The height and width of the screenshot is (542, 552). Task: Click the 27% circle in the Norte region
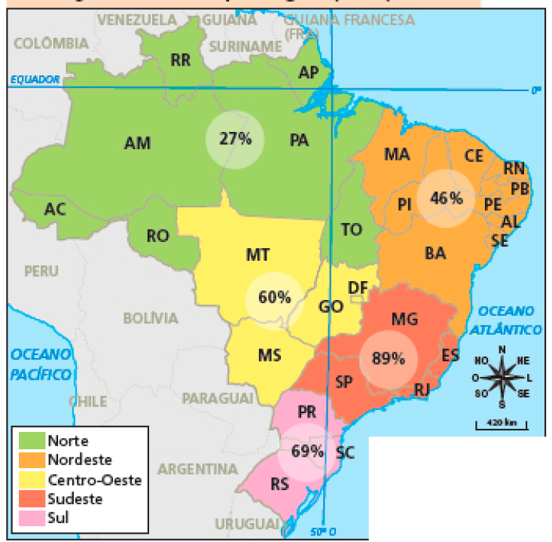[235, 139]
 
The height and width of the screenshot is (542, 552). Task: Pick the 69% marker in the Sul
[306, 452]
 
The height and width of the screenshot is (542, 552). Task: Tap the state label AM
[137, 142]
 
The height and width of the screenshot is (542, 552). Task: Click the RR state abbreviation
[180, 60]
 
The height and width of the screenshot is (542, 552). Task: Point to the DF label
[357, 287]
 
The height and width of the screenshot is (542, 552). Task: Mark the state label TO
[351, 230]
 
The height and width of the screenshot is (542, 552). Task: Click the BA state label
[435, 253]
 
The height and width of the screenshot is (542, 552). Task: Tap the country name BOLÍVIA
[151, 318]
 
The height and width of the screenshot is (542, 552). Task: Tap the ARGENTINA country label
[197, 469]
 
